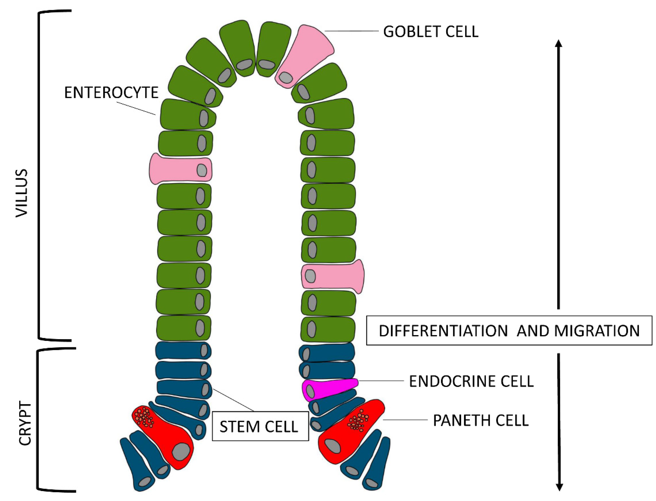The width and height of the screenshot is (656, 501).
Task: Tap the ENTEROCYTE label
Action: pos(111,93)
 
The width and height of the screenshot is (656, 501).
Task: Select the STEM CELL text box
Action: pos(260,426)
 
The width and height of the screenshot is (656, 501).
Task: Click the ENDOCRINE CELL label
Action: pos(471,381)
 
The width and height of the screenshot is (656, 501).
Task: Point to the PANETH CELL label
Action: pos(481,420)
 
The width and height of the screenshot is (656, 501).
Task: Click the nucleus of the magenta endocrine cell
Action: pos(310,391)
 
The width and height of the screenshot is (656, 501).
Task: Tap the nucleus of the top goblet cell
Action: pos(286,77)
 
